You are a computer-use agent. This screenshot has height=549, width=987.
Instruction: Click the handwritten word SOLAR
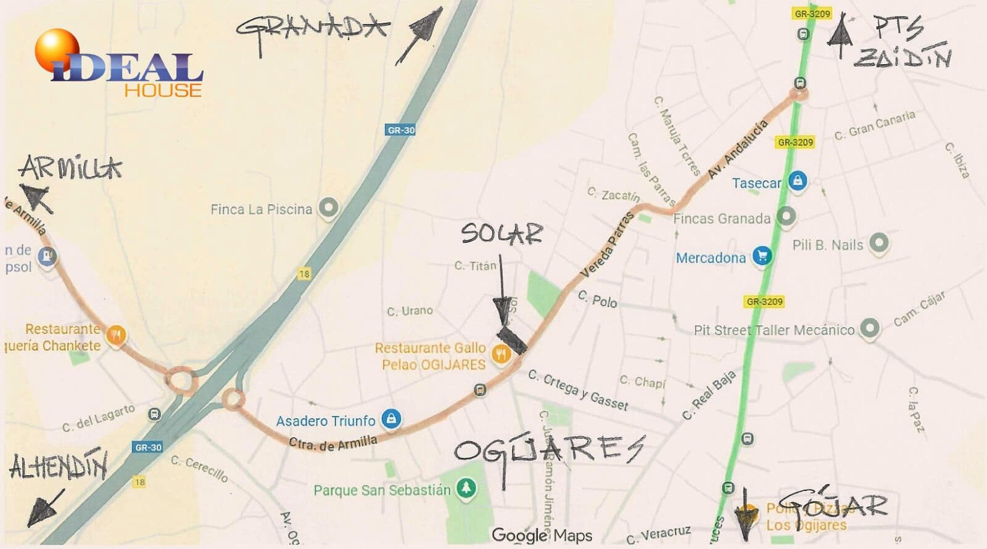tap(502, 234)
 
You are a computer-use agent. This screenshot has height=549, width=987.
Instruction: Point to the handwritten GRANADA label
tap(312, 29)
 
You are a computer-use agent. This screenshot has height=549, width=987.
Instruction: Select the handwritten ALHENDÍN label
tap(59, 466)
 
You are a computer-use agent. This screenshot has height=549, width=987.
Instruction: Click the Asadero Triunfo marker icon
tap(390, 419)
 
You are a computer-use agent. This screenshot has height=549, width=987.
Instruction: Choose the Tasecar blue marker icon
tap(798, 181)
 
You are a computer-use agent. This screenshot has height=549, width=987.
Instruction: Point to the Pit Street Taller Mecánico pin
tap(869, 328)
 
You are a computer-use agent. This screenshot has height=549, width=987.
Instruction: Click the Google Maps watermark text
tap(542, 535)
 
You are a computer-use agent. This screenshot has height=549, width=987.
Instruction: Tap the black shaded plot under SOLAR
tap(513, 340)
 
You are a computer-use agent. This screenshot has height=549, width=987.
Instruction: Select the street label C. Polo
tap(597, 299)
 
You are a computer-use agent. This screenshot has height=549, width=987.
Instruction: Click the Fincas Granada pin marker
tap(785, 216)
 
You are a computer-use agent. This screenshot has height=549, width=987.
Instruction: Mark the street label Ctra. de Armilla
tap(332, 442)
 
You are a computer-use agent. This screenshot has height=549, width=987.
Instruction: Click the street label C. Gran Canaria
tap(874, 125)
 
